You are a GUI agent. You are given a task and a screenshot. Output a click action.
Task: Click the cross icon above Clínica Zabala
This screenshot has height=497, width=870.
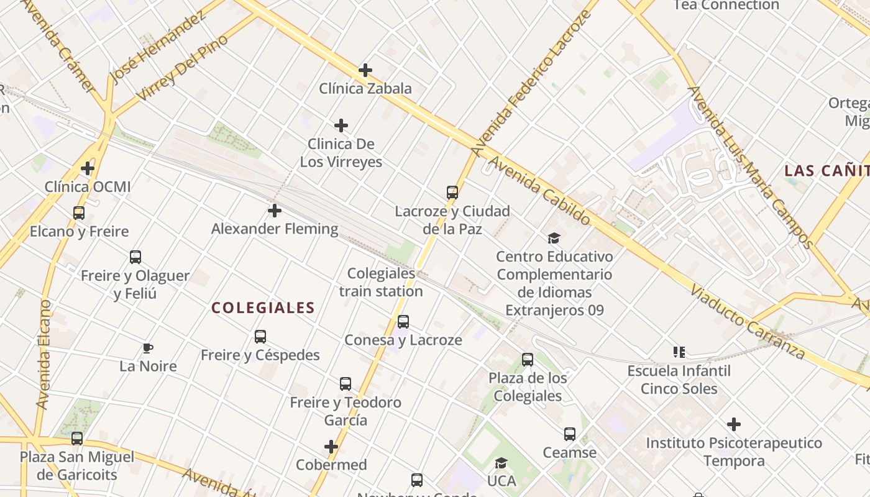tap(365, 70)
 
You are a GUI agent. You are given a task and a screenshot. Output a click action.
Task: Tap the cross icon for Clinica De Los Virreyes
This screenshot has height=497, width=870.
tap(341, 126)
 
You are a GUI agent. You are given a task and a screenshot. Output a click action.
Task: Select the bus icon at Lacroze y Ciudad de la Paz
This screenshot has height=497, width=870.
tap(452, 193)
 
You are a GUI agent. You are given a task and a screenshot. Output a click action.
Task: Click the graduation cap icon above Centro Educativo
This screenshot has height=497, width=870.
tap(554, 238)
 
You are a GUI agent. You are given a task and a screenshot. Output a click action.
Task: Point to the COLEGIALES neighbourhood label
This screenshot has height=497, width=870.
tap(263, 308)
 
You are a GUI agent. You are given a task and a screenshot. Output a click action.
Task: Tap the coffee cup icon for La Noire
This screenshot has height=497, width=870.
tap(147, 348)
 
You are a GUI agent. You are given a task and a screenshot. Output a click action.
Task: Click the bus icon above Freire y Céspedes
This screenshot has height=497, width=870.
tap(260, 337)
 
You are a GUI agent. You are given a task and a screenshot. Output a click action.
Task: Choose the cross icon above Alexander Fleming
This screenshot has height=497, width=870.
tap(275, 211)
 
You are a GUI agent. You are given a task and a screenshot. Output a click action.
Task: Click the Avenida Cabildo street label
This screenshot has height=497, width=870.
tap(539, 190)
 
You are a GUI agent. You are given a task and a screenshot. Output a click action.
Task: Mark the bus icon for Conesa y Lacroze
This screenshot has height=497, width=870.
tap(403, 322)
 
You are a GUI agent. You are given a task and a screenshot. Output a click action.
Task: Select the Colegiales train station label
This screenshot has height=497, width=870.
tap(381, 282)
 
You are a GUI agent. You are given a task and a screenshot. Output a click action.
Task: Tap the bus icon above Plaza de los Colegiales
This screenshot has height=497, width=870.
tap(528, 360)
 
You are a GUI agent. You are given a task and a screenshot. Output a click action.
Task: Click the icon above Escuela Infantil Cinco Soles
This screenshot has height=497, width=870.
tap(679, 353)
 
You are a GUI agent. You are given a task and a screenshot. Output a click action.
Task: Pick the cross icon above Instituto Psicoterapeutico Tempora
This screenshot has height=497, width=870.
tap(734, 425)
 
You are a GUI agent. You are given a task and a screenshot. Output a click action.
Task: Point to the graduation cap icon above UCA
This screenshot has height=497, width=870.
tap(501, 463)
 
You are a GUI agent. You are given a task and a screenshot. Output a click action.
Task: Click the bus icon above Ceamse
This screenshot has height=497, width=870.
tap(570, 434)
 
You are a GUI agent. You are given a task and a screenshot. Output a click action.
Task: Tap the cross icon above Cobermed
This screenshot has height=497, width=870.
tap(331, 447)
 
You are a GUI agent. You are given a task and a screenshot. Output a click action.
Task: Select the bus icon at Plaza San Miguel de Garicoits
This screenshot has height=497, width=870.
tap(77, 439)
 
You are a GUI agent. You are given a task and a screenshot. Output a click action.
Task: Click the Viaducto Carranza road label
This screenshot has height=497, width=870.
tap(748, 322)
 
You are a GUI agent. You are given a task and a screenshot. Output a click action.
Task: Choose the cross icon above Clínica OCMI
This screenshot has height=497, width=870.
tap(88, 168)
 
